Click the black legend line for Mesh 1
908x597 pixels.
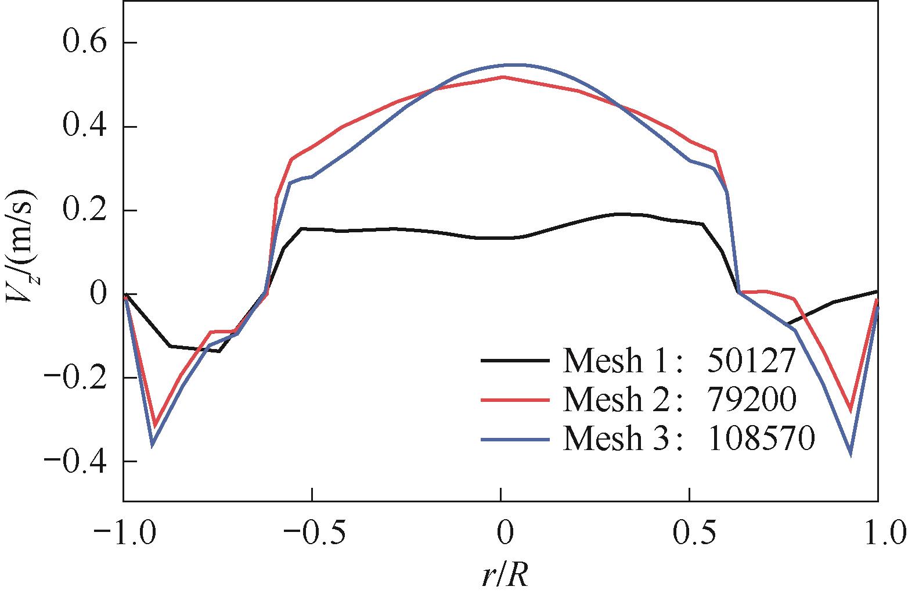[515, 361]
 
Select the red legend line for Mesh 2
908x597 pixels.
[515, 400]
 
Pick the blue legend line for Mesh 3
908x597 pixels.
[515, 440]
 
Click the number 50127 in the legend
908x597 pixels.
[750, 361]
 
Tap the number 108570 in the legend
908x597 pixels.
[761, 440]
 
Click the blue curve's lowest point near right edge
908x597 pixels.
[851, 454]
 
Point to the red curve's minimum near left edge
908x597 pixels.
[154, 424]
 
